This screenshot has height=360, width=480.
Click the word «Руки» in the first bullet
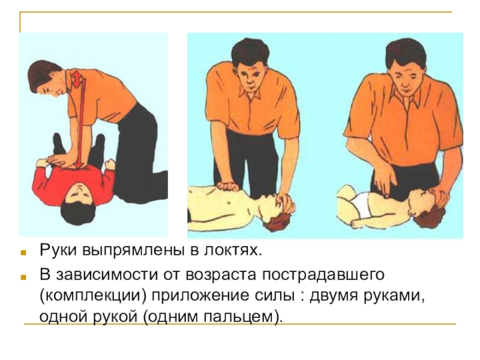(x=58, y=251)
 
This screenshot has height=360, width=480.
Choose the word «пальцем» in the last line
(x=238, y=317)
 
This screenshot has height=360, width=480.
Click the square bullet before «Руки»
(x=23, y=253)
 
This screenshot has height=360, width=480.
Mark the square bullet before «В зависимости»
(x=23, y=277)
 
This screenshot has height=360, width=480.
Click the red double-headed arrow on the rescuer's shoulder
(x=77, y=79)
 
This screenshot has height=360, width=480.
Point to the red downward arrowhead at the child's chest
(x=79, y=164)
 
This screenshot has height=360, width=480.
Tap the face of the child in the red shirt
(x=79, y=193)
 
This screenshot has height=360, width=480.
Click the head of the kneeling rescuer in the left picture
(x=46, y=77)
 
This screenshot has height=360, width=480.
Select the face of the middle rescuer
(x=251, y=78)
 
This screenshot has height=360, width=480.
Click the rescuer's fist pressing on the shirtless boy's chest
(x=227, y=186)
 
